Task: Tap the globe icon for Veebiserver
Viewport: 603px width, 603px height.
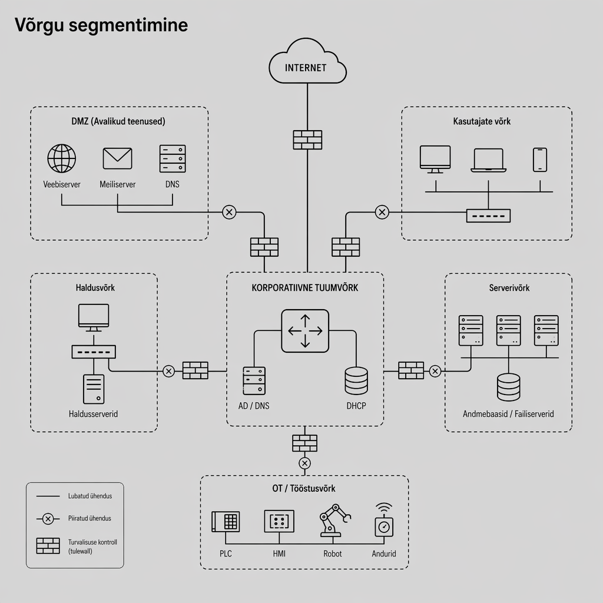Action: (62, 158)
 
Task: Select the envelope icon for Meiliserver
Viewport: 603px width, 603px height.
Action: (118, 158)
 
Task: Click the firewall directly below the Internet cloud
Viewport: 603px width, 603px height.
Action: (307, 140)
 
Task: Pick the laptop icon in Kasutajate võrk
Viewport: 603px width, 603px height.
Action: (488, 160)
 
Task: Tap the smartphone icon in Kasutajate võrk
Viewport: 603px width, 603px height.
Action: (540, 160)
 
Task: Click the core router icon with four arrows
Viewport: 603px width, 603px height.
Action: (305, 331)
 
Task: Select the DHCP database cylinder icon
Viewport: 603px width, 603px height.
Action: (356, 380)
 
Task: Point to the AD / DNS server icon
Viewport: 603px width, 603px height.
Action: (254, 380)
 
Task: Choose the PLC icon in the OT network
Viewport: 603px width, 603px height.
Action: (226, 522)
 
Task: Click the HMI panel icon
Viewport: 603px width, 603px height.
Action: (279, 521)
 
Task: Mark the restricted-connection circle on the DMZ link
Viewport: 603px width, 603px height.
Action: (229, 212)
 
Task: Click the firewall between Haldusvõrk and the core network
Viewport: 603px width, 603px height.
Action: (196, 370)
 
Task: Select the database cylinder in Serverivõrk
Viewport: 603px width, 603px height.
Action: (509, 387)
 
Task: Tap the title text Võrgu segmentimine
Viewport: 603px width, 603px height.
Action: (101, 25)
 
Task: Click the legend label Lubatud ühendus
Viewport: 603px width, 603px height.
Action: (90, 496)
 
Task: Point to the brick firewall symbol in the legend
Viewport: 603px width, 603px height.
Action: (48, 546)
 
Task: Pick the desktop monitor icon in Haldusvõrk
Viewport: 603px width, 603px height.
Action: (94, 316)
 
